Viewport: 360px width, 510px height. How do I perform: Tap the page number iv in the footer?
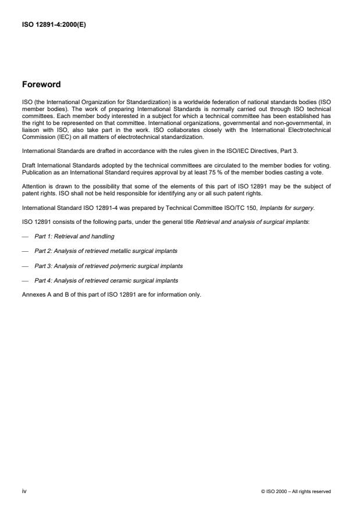tap(24, 491)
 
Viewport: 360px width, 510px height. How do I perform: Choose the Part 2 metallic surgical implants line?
tap(106, 251)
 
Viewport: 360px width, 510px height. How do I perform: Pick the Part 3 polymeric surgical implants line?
tap(108, 266)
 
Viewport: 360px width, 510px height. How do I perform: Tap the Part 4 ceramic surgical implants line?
tap(106, 280)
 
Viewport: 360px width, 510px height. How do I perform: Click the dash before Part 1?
tap(25, 236)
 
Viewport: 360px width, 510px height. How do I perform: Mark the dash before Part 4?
tap(25, 280)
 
